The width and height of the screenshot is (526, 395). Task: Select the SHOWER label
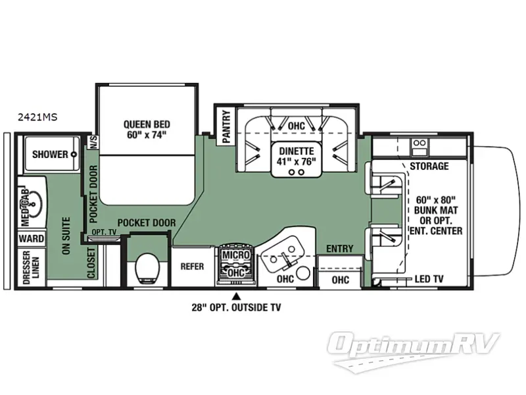click(50, 155)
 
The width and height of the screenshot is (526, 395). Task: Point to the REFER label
click(192, 267)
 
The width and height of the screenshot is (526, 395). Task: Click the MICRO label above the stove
click(235, 254)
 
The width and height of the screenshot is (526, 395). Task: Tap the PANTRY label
click(226, 126)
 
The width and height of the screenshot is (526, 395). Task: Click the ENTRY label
click(339, 249)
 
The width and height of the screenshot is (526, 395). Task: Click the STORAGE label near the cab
click(429, 166)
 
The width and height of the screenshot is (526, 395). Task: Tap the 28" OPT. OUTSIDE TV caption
click(236, 307)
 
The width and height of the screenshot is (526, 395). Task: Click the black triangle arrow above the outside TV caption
click(236, 294)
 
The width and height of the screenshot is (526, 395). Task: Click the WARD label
click(32, 238)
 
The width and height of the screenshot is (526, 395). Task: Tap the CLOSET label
click(91, 261)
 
